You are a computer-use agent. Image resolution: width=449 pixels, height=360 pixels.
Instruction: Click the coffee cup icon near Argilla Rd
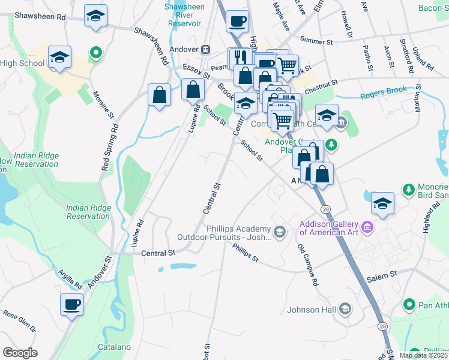pos(71,304)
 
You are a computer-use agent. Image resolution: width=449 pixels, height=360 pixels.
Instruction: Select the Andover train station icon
pos(205,49)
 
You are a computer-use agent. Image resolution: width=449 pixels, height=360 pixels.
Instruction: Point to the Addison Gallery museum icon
pos(368,227)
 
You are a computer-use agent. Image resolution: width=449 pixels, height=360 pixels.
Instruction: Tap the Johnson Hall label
pos(310,310)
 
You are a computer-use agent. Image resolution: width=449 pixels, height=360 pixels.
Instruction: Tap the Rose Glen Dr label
pos(19,321)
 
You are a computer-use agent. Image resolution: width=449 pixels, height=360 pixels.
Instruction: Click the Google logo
pos(20,353)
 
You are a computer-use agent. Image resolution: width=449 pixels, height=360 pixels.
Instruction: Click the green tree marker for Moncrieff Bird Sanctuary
pos(408,190)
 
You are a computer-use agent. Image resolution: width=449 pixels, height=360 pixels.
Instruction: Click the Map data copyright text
pos(423,355)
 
